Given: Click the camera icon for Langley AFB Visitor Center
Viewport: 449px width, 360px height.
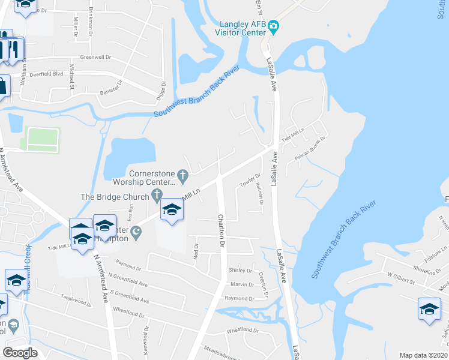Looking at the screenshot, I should pos(274,26).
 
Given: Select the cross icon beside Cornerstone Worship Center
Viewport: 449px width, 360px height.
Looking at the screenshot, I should pos(184,176).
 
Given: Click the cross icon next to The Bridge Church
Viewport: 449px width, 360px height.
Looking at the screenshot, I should pos(157,194).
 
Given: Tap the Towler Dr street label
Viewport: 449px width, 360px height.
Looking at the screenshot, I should pos(250,180).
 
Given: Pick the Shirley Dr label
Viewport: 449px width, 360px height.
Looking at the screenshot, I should pos(241,271).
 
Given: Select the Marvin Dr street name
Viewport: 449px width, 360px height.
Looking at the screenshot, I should pos(243,284).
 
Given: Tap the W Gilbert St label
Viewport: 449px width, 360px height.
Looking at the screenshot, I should pos(402,275).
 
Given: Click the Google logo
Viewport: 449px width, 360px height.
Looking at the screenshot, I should pos(20,352).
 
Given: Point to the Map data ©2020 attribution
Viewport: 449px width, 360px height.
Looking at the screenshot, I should pos(423,355).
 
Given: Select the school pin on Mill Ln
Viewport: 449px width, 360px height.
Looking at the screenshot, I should pos(172,210).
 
